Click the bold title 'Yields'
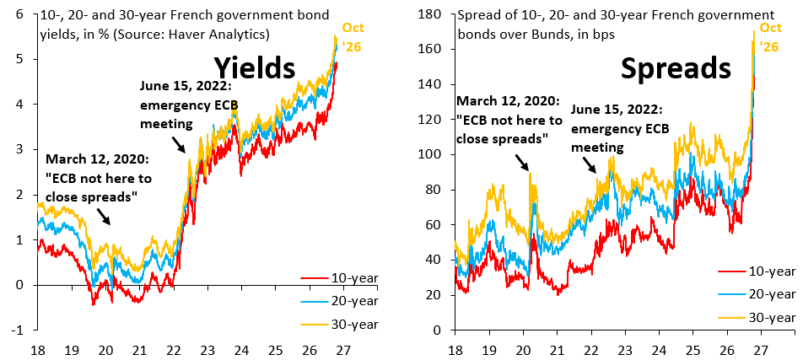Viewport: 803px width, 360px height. point(254,68)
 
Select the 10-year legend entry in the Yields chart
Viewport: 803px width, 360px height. point(338,278)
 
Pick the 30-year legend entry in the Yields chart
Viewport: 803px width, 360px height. point(338,324)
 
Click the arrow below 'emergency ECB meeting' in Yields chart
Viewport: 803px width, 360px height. point(178,144)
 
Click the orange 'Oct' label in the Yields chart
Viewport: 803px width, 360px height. point(354,28)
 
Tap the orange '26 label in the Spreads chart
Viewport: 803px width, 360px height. point(770,46)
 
